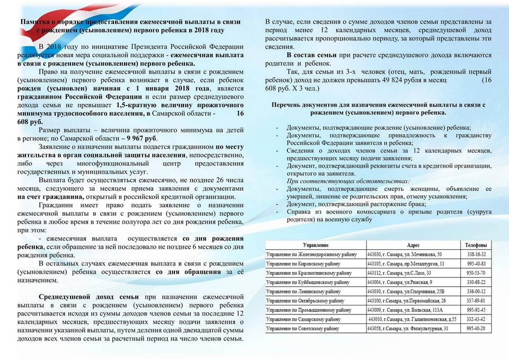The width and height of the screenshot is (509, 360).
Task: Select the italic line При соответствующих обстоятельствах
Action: click(348, 181)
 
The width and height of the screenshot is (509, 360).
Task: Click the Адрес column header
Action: click(414, 245)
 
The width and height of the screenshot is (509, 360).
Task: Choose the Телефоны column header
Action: click(476, 245)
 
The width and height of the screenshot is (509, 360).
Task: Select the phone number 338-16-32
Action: click(476, 254)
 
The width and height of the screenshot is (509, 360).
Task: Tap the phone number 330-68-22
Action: click(476, 282)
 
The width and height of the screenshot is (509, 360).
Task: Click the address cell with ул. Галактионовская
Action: click(411, 319)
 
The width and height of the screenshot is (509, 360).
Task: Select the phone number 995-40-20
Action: click(476, 329)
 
